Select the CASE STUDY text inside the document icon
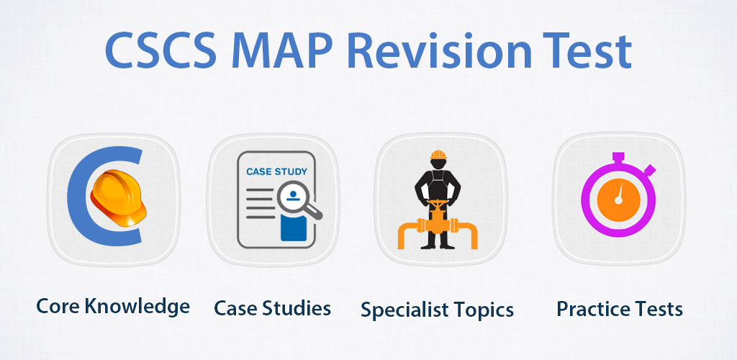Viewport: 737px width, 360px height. click(276, 172)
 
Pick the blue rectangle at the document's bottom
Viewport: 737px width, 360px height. click(295, 229)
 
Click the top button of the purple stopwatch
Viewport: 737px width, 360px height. click(618, 159)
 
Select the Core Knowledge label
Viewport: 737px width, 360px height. click(114, 307)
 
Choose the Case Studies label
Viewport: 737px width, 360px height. click(273, 308)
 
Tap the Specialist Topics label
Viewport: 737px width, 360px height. click(437, 310)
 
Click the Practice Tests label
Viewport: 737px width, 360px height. click(620, 308)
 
